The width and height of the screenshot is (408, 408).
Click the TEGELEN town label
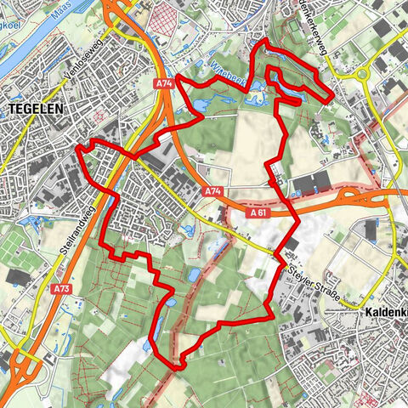31,108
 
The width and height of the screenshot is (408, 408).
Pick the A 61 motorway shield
259,212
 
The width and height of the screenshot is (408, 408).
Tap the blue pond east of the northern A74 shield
195,106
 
